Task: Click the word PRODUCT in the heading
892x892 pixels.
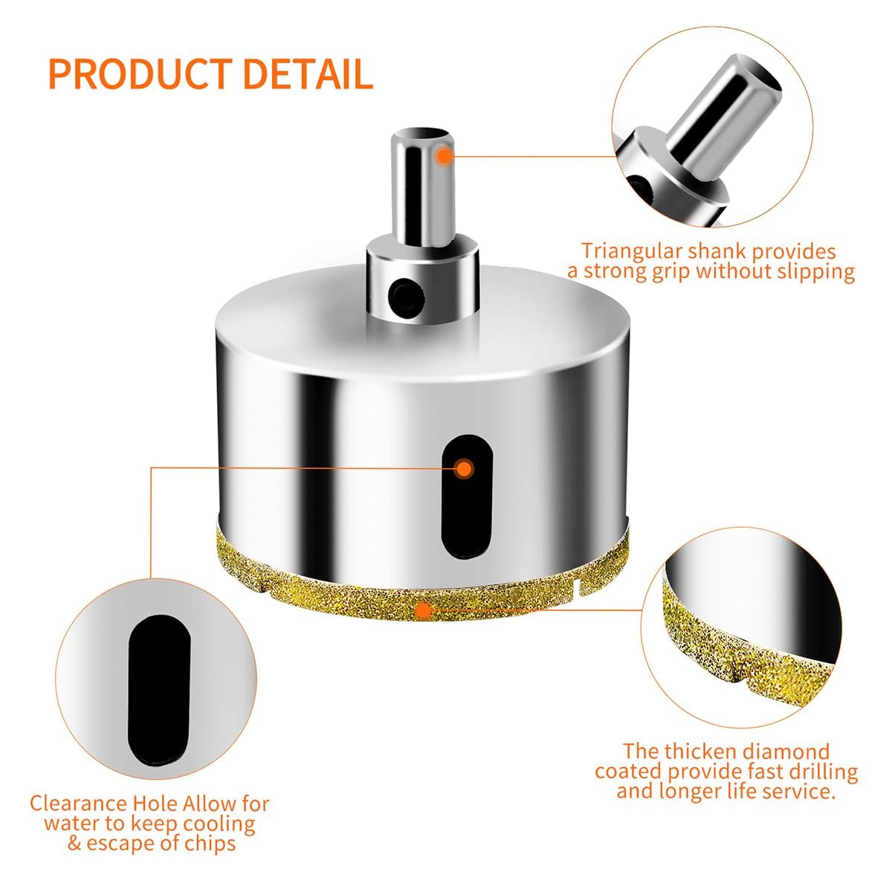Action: [x=139, y=74]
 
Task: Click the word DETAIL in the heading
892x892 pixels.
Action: [x=308, y=74]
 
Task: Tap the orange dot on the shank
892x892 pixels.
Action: [x=445, y=156]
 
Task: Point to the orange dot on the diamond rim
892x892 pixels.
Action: [x=424, y=611]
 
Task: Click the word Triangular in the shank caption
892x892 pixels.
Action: [x=632, y=251]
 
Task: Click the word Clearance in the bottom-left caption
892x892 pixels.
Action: [x=78, y=803]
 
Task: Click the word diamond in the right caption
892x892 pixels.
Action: [x=787, y=752]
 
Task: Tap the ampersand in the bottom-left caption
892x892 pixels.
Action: [x=75, y=843]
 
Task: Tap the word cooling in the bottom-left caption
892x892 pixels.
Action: [x=219, y=824]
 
